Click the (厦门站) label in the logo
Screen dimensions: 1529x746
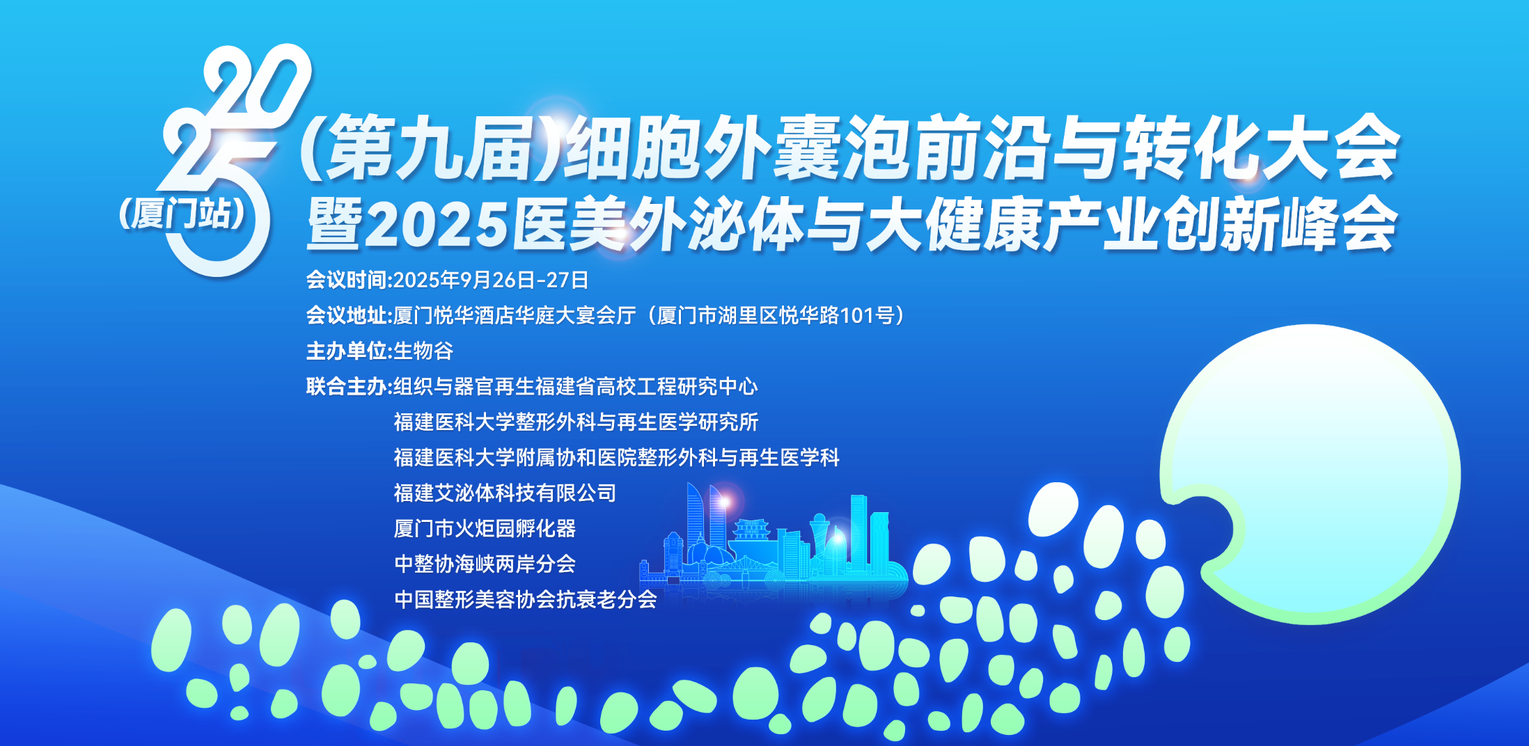click(x=182, y=214)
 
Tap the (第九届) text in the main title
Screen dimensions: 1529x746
click(x=432, y=148)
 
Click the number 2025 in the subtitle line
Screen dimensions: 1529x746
click(x=437, y=225)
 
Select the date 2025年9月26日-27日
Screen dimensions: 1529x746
click(x=491, y=280)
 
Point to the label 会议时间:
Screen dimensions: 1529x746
click(x=350, y=280)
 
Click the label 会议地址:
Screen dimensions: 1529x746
click(x=350, y=315)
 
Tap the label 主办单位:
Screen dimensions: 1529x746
click(x=350, y=351)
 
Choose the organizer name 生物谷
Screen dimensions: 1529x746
click(x=423, y=351)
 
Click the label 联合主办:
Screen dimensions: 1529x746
click(x=350, y=386)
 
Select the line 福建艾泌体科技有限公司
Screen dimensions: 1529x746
click(x=505, y=493)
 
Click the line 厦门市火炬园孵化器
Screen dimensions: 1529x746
click(x=485, y=528)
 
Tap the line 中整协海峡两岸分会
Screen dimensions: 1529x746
click(x=485, y=564)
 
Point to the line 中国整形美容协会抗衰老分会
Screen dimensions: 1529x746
click(x=525, y=599)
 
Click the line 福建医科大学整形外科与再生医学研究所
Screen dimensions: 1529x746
click(x=576, y=422)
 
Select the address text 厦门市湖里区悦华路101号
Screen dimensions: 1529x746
click(x=776, y=315)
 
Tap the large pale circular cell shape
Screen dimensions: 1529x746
click(x=1316, y=473)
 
